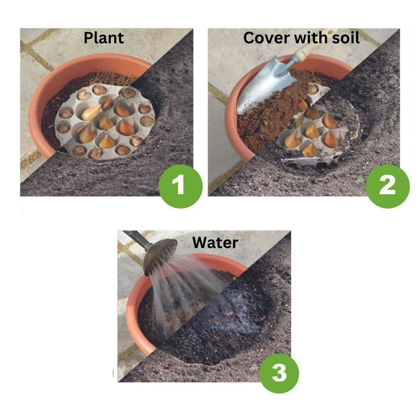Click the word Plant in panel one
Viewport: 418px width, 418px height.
(x=104, y=38)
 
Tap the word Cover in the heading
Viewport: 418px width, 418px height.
(x=267, y=38)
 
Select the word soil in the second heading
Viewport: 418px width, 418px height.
(x=346, y=38)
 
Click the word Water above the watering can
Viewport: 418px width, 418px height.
(x=215, y=242)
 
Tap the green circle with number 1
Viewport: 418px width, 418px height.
(x=180, y=186)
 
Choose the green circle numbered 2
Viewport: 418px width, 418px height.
(x=387, y=186)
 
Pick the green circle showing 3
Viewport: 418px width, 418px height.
(x=279, y=373)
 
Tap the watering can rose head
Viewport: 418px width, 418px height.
(x=160, y=256)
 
